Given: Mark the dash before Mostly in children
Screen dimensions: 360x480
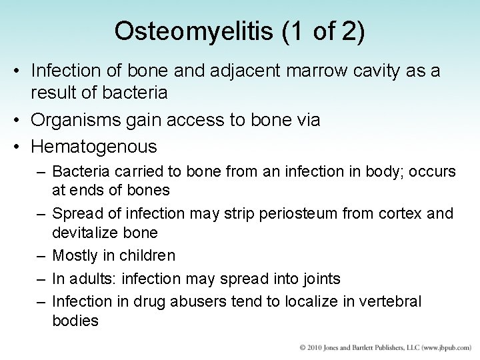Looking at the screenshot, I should [42, 255].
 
